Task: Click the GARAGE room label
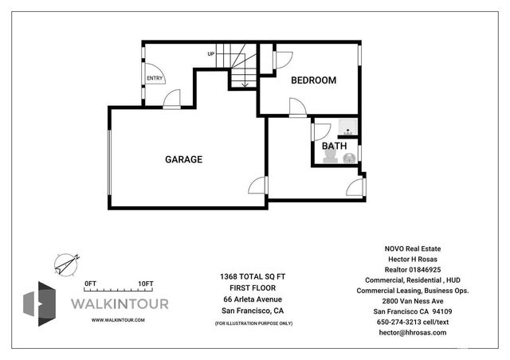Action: point(183,159)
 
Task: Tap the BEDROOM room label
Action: point(313,80)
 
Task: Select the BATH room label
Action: point(334,147)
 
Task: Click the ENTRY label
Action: point(155,78)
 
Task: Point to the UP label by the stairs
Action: point(211,54)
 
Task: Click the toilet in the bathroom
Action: point(348,158)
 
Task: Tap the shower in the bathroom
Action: point(348,127)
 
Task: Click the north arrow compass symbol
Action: point(67,262)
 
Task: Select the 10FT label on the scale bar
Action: point(145,284)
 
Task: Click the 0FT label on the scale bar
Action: point(90,284)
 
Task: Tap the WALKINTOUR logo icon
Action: point(40,303)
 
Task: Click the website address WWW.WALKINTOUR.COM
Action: point(118,320)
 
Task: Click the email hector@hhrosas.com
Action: point(412,332)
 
